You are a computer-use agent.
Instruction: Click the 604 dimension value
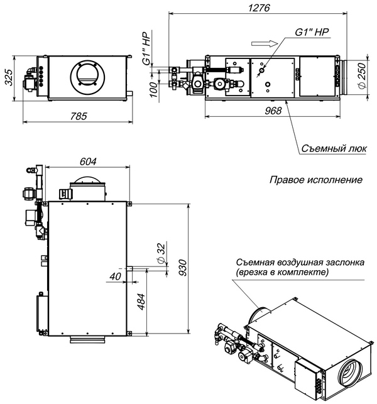tap(88, 162)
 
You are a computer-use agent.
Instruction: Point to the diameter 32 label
tap(161, 252)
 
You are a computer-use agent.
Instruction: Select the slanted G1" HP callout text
tap(312, 32)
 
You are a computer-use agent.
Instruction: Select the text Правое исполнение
tap(316, 180)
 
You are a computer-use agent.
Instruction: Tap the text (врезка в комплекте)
tap(283, 273)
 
